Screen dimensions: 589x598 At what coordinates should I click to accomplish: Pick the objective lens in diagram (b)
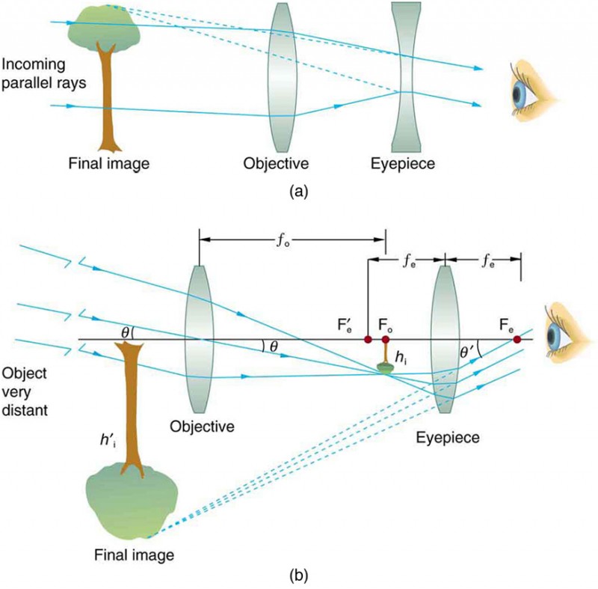[199, 339]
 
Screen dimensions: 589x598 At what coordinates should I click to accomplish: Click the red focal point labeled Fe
[517, 340]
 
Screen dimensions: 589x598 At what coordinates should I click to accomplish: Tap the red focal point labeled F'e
[368, 340]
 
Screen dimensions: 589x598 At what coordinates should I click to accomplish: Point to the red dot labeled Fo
[386, 340]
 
